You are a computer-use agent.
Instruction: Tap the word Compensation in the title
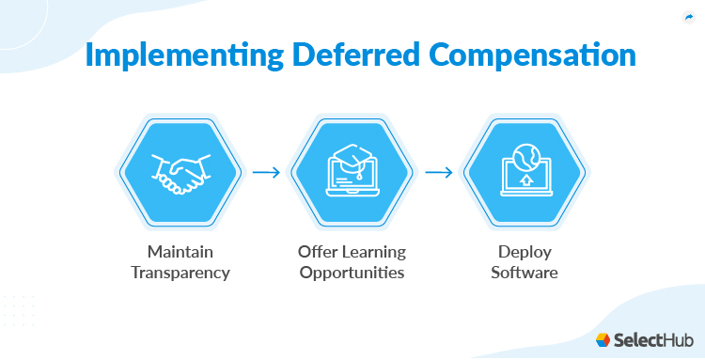[x=511, y=55]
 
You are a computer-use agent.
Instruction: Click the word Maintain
[x=179, y=252]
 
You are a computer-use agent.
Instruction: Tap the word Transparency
[x=179, y=273]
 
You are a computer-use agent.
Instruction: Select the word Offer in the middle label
[x=316, y=252]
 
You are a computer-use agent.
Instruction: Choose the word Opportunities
[x=352, y=273]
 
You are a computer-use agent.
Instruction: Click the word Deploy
[x=526, y=252]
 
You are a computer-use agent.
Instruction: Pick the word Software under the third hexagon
[x=526, y=273]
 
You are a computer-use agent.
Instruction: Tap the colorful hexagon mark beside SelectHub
[x=603, y=339]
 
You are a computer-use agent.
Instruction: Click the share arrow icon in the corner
[x=688, y=16]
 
